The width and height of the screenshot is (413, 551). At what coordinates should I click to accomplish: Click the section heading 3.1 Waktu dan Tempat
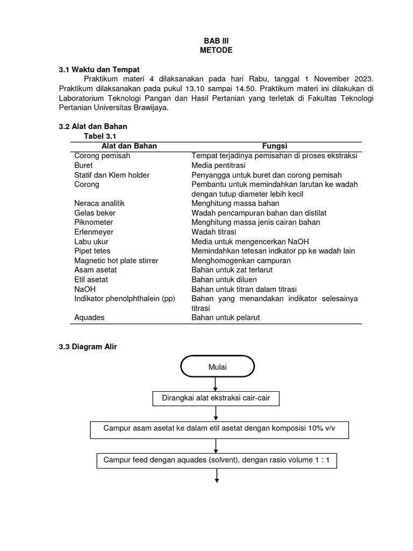pyautogui.click(x=99, y=69)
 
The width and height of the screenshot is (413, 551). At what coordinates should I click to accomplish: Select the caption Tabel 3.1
pyautogui.click(x=99, y=137)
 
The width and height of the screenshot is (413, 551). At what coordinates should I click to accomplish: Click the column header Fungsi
pyautogui.click(x=275, y=146)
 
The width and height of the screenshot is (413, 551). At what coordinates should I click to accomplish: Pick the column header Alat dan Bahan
pyautogui.click(x=130, y=146)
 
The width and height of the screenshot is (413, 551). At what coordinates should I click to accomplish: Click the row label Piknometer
pyautogui.click(x=94, y=222)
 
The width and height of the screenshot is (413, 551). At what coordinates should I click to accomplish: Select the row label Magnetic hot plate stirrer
pyautogui.click(x=116, y=260)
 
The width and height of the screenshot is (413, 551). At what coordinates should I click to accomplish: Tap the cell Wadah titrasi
pyautogui.click(x=213, y=232)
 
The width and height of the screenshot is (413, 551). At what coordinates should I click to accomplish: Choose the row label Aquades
pyautogui.click(x=89, y=317)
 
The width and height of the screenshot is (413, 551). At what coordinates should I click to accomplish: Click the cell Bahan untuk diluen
pyautogui.click(x=224, y=279)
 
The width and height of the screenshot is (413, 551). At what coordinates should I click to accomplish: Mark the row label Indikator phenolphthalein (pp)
pyautogui.click(x=125, y=299)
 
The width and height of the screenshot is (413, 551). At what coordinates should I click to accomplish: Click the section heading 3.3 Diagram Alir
pyautogui.click(x=88, y=347)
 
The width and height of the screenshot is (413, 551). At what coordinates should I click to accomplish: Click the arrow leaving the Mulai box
pyautogui.click(x=216, y=384)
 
